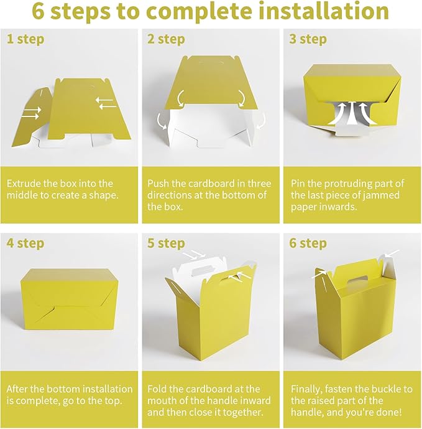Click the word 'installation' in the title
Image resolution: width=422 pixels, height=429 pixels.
coord(323,11)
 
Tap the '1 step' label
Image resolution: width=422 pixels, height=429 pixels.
coord(25,39)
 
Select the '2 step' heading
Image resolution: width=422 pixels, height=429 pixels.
coord(166,39)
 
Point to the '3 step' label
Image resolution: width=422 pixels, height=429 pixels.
coord(308,39)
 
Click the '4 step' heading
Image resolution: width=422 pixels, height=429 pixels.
coord(25,243)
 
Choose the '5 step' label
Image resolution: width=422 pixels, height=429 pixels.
coord(166,243)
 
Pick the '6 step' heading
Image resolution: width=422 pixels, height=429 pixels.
coord(308,243)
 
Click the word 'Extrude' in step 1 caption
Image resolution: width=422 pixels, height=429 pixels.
coord(24,183)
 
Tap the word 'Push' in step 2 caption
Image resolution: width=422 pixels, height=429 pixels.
coord(158,183)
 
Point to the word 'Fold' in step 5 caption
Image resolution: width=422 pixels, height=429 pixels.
coord(157,389)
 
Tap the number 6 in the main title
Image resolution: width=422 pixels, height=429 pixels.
coord(39,11)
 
